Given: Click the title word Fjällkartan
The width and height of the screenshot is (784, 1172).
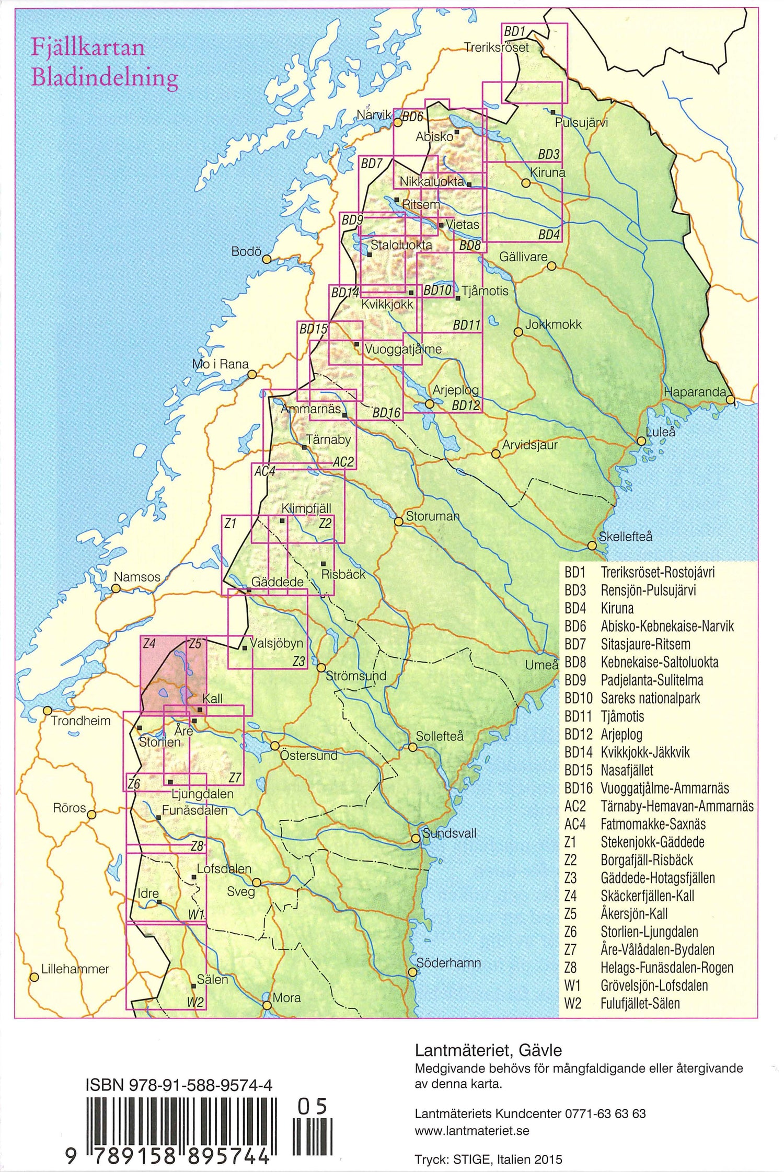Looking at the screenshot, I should point(88,48).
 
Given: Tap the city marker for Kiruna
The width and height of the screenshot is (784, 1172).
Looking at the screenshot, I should point(526,183).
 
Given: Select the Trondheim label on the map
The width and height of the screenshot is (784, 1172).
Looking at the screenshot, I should point(80,721).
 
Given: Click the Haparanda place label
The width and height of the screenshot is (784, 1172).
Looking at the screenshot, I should point(695,392).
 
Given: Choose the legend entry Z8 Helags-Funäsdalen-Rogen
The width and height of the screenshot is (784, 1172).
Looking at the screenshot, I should point(649,968).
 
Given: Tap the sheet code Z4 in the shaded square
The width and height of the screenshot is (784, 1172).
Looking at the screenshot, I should point(149,644).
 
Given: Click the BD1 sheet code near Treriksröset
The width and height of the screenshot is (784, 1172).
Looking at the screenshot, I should point(514,32).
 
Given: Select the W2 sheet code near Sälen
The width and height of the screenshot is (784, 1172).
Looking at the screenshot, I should point(195,1002).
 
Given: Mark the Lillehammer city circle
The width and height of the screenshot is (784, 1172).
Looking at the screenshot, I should point(34,977).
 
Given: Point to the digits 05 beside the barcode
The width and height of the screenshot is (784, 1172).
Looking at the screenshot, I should point(312,1107).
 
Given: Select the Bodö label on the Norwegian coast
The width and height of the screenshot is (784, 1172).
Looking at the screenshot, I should point(246,252).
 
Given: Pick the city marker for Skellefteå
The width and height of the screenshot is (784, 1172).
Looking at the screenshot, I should point(592,546).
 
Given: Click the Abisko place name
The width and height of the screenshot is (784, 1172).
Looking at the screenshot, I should point(434,137).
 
